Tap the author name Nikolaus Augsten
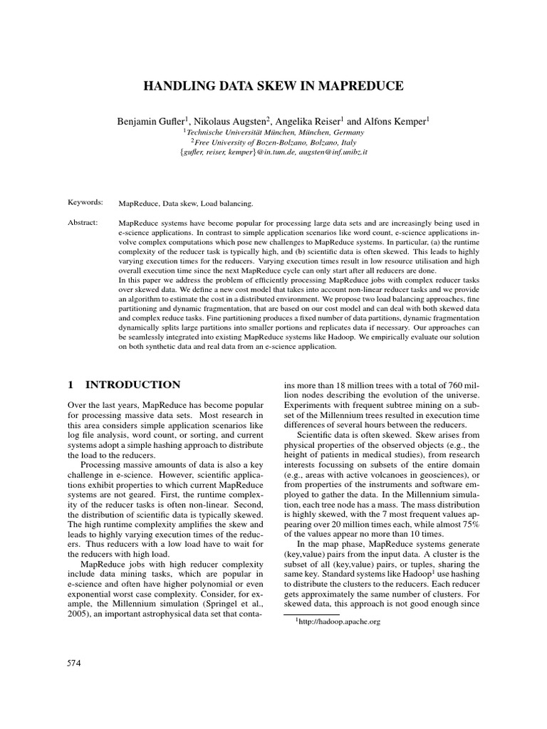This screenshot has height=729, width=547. point(229,121)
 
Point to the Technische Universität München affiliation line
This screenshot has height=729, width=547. point(273,132)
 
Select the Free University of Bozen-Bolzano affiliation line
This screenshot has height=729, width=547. point(273,142)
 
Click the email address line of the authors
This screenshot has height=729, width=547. point(273,152)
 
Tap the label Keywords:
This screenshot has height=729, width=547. point(85,203)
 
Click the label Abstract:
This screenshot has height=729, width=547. point(82,223)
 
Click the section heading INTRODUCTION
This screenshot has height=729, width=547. point(132,384)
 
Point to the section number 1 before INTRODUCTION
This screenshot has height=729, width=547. point(71,384)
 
